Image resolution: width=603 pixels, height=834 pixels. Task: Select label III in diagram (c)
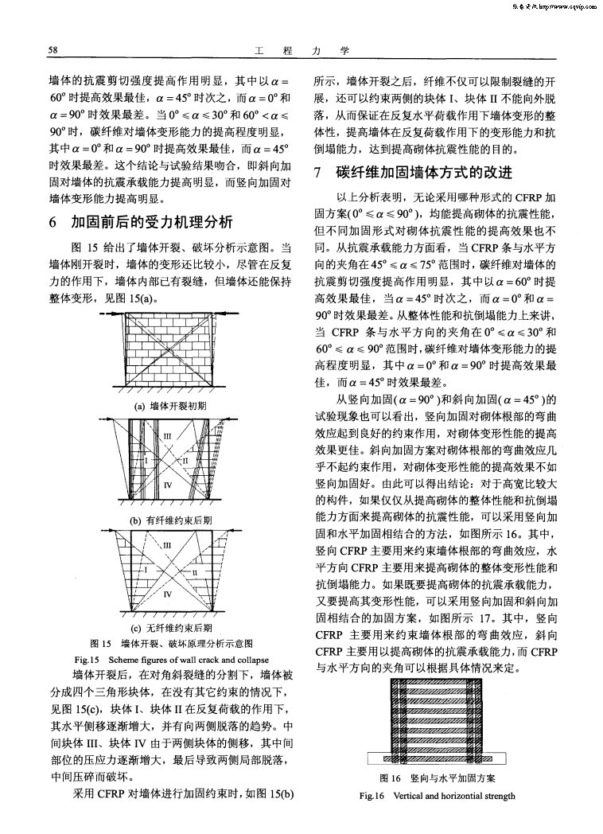click(x=167, y=546)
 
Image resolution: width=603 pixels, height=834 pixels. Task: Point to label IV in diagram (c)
click(x=167, y=594)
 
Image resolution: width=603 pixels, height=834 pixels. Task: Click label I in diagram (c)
click(x=146, y=569)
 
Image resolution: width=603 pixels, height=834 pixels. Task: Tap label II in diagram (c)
click(x=193, y=572)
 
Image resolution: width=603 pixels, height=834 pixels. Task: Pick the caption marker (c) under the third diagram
click(x=134, y=629)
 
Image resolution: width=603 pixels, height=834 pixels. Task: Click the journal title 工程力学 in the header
click(x=301, y=51)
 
